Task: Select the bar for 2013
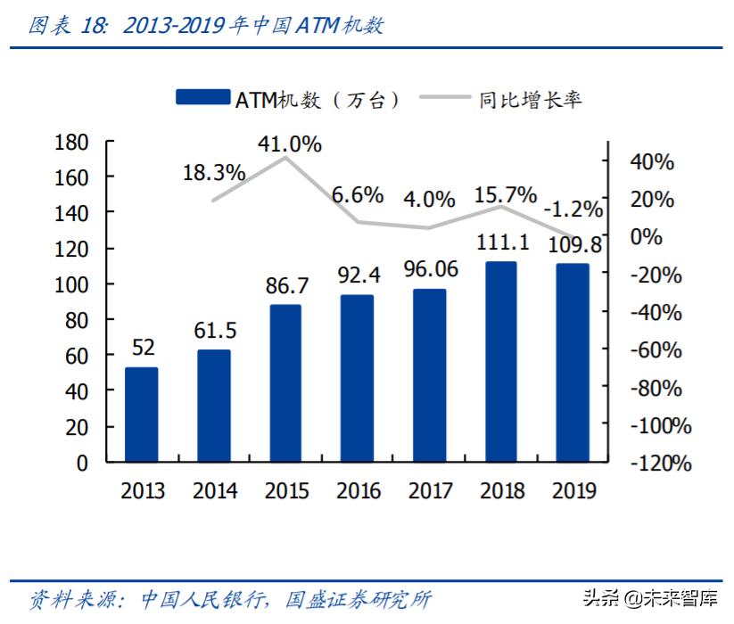tap(142, 415)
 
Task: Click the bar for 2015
tap(285, 383)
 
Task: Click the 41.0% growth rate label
tap(289, 144)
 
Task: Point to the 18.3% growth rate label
tap(214, 173)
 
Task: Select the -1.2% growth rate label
tap(573, 209)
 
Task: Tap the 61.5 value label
tap(215, 331)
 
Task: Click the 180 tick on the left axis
tap(71, 143)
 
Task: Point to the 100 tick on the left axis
tap(71, 284)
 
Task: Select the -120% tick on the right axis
tap(659, 464)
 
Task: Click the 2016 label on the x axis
tap(358, 491)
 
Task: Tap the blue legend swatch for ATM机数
tap(203, 98)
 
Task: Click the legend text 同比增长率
tap(530, 99)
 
